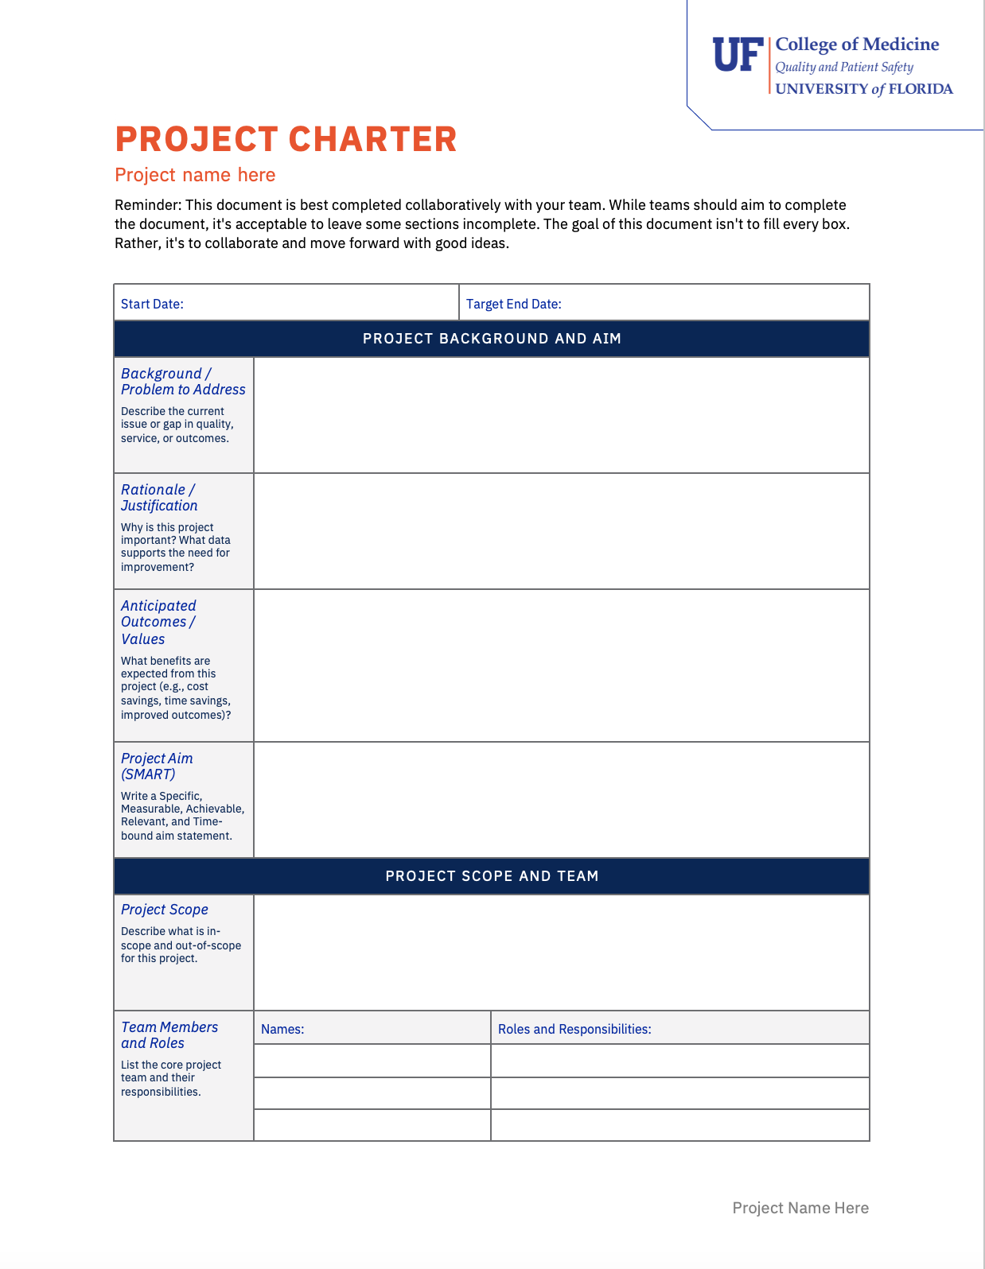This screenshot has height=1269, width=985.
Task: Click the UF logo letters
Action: [738, 55]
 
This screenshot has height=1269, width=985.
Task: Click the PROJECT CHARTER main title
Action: [286, 139]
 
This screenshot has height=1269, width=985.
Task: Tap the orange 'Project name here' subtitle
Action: [195, 175]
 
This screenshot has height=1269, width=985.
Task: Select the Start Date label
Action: [152, 304]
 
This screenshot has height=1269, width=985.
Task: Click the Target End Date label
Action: [513, 304]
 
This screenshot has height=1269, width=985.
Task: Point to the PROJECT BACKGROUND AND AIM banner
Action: [492, 339]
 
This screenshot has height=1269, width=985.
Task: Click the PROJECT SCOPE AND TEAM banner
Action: [492, 876]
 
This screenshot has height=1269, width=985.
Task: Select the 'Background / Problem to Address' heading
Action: [183, 382]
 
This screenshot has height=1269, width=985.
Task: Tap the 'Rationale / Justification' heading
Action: [159, 498]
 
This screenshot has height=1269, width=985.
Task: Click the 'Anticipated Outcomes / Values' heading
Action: [158, 622]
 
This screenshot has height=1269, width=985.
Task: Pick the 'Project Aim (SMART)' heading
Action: [157, 766]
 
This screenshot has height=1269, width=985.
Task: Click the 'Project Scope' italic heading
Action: [165, 910]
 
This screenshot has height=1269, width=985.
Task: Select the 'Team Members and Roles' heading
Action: [169, 1035]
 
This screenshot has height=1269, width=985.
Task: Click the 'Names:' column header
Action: [282, 1029]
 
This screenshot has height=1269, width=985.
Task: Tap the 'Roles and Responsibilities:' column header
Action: [574, 1029]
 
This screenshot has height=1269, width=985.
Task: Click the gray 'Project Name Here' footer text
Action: [800, 1208]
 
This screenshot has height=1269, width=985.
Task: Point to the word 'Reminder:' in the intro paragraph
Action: [148, 205]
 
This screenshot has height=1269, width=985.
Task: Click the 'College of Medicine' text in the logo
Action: [857, 45]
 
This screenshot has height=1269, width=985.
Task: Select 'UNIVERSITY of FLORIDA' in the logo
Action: [864, 89]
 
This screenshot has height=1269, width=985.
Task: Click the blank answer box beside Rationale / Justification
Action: [561, 531]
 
